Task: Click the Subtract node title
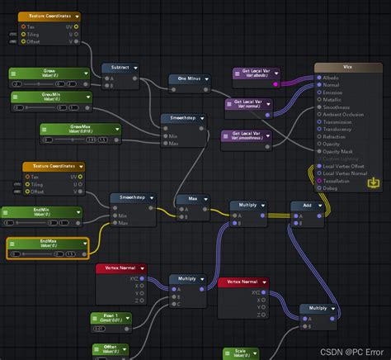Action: click(x=120, y=69)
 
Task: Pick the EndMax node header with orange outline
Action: click(x=46, y=244)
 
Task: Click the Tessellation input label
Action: click(x=340, y=182)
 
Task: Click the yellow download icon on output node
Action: click(x=375, y=181)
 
